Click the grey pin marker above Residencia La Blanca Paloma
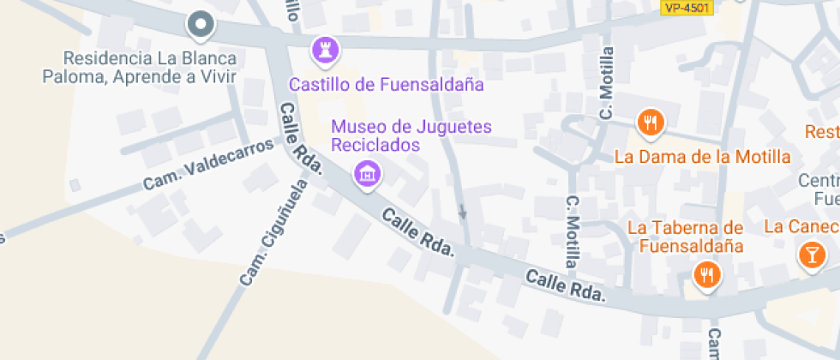(x=201, y=26)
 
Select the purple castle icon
(x=325, y=48)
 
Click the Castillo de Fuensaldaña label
(x=387, y=85)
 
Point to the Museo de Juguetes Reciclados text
(x=411, y=135)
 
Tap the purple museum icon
(x=369, y=175)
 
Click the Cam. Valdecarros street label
(x=207, y=164)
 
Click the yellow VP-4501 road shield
(x=688, y=7)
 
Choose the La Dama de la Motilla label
(x=702, y=157)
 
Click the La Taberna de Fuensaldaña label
(x=685, y=237)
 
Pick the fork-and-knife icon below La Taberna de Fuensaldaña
(x=706, y=275)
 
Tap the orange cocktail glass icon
(x=809, y=255)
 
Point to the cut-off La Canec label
(x=801, y=227)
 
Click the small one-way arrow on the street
(x=463, y=211)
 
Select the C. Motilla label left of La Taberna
(x=573, y=231)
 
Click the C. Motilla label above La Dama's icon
(x=607, y=83)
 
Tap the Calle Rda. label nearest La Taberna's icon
(x=566, y=286)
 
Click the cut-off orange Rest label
(x=822, y=132)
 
